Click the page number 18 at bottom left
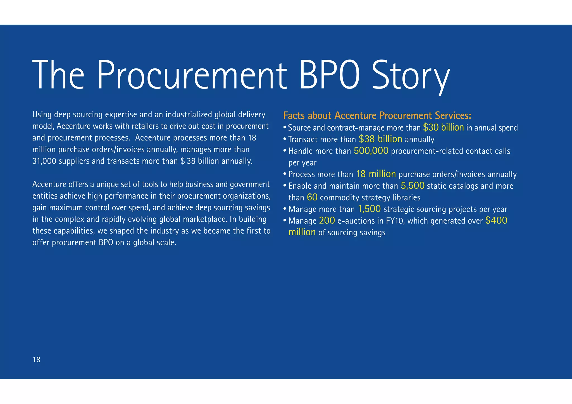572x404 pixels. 36,360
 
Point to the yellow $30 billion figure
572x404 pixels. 443,128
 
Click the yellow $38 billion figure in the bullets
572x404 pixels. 380,139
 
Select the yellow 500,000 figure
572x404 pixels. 371,151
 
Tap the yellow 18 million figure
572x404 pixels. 376,174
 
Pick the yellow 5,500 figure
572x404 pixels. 413,186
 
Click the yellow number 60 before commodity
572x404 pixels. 312,197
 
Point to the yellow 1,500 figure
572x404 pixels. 369,209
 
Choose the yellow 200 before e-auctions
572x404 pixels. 327,221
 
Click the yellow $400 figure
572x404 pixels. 496,221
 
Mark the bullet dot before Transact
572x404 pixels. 285,139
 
